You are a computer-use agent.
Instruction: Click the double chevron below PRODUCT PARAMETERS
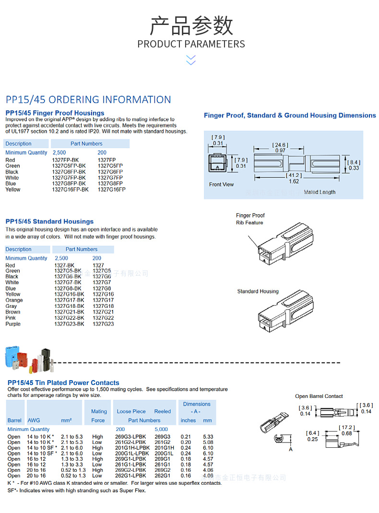click(191, 60)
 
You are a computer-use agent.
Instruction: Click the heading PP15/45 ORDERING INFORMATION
click(88, 100)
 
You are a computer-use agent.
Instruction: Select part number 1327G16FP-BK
click(70, 189)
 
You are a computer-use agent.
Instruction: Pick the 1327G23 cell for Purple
click(103, 324)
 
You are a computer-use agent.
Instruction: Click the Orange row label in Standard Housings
click(14, 300)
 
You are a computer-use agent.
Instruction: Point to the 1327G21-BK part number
click(69, 312)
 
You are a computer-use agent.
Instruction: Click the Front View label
click(222, 185)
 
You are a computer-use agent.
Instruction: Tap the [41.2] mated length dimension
click(294, 175)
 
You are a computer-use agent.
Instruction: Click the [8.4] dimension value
click(354, 162)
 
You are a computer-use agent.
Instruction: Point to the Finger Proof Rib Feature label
click(250, 219)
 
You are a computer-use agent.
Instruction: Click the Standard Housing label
click(258, 291)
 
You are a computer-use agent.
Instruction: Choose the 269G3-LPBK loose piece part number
click(130, 437)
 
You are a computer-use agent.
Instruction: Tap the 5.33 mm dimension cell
click(208, 437)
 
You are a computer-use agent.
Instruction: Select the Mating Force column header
click(98, 416)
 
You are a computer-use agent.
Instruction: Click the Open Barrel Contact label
click(319, 396)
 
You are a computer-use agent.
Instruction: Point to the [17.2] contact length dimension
click(346, 427)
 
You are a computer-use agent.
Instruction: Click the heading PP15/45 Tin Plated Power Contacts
click(63, 383)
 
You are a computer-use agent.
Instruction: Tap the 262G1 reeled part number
click(162, 476)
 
